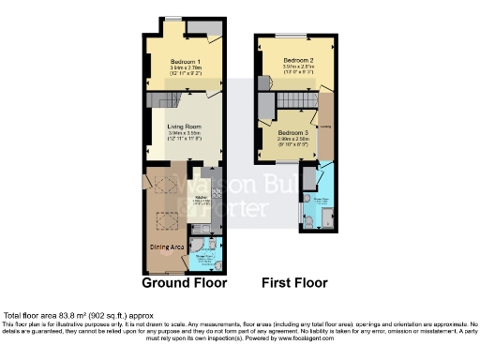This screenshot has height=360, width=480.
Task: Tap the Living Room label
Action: pyautogui.click(x=184, y=127)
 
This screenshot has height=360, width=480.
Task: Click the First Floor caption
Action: pyautogui.click(x=295, y=282)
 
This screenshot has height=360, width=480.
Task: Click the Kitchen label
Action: pyautogui.click(x=201, y=197)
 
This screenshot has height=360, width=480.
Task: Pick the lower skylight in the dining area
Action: pyautogui.click(x=166, y=221)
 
